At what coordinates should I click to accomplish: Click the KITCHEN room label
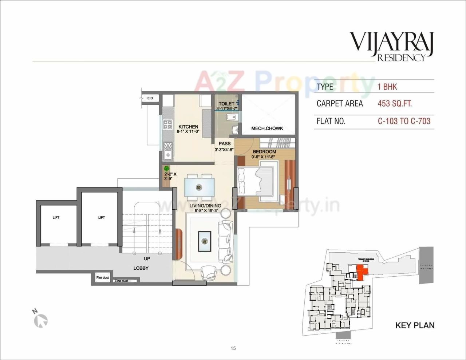click(x=188, y=127)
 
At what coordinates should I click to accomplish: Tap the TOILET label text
click(x=226, y=104)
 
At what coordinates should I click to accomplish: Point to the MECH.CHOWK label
click(x=267, y=128)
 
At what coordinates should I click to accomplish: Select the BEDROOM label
click(x=264, y=151)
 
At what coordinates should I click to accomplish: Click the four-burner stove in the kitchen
click(x=168, y=125)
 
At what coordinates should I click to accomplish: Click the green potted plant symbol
click(x=167, y=169)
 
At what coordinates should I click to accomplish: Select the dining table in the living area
click(x=199, y=187)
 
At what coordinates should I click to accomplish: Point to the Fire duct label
click(x=102, y=278)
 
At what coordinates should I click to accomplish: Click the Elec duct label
click(x=121, y=281)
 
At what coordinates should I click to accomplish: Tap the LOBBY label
click(x=141, y=268)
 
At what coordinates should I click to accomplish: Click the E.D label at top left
click(x=150, y=98)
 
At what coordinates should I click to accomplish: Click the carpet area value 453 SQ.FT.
click(x=395, y=104)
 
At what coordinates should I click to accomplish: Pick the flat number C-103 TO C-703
click(x=404, y=121)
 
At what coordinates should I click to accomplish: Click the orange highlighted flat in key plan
click(x=361, y=272)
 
